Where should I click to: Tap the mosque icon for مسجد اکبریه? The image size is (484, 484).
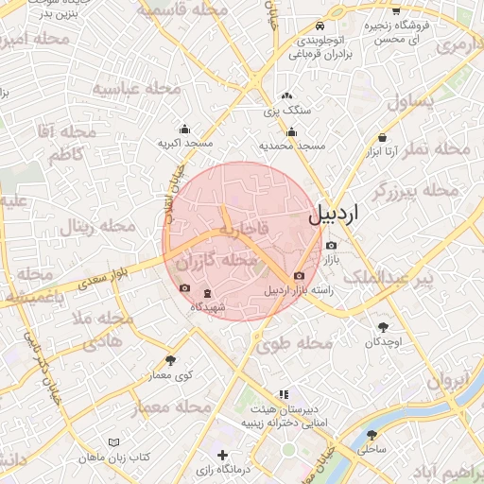[183, 129]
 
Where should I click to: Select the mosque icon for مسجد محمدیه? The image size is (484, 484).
[292, 132]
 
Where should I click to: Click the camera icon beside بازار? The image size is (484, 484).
[331, 246]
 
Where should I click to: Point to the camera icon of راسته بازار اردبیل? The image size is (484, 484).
[300, 276]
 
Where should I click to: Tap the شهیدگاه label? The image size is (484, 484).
[208, 307]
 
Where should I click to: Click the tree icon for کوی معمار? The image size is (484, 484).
[170, 360]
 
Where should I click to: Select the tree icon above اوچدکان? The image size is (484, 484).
[383, 325]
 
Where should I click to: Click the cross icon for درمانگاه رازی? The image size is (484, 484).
[221, 456]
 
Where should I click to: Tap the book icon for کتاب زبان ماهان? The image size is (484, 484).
[114, 442]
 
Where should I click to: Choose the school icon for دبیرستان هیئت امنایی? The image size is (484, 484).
[283, 394]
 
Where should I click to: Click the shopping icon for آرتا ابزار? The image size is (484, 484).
[382, 137]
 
